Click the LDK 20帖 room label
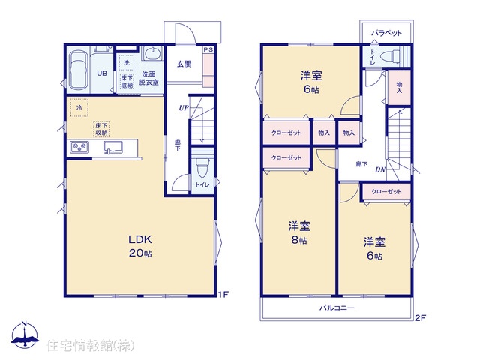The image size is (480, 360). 140,246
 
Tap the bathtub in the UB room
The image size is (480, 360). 79,70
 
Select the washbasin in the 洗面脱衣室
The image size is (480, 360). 152,54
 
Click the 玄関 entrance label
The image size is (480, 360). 184,64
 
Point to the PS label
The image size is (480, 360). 208,49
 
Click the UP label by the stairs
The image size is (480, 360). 184,108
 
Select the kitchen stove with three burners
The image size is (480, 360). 79,147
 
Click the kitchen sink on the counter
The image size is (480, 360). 113,147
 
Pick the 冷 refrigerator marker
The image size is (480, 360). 79,107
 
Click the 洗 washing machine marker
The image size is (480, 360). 127,63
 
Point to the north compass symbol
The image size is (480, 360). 25,334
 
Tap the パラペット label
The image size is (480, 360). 386,33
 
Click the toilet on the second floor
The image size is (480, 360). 390,56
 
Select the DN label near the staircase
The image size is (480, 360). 380,169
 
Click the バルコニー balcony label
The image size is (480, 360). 337,307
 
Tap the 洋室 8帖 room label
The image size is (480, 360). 298,232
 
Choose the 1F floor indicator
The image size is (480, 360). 223,295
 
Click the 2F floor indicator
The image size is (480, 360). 420,318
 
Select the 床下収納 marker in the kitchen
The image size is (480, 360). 101,129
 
